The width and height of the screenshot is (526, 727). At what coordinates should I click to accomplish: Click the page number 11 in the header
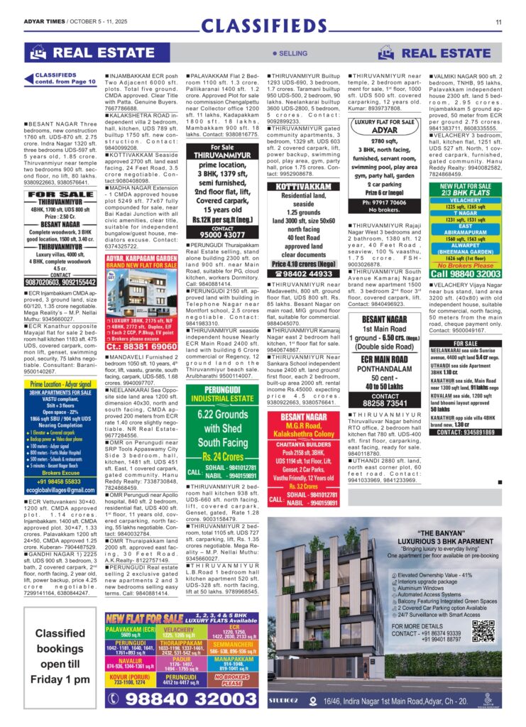pyautogui.click(x=499, y=21)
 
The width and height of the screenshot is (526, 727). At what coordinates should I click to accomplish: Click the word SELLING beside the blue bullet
pyautogui.click(x=292, y=53)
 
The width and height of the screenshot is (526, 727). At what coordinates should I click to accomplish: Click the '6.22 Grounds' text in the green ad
pyautogui.click(x=222, y=415)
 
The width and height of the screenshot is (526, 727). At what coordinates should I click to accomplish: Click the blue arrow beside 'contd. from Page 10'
pyautogui.click(x=30, y=78)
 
